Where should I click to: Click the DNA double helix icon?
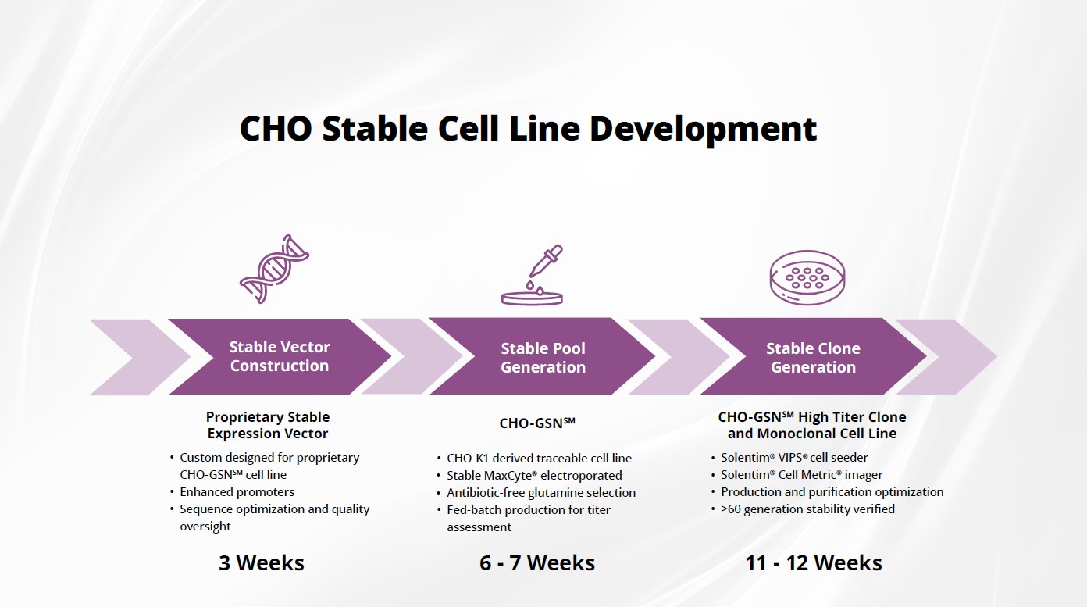[274, 269]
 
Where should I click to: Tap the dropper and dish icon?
[533, 275]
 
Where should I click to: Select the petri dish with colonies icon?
[807, 278]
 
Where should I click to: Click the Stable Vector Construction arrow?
[280, 356]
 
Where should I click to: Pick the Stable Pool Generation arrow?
[543, 356]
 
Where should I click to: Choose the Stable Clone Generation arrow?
[814, 356]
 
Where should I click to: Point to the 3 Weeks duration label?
[262, 562]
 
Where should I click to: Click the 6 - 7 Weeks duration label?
[537, 562]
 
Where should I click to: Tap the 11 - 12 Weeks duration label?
[814, 562]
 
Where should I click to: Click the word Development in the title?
[703, 129]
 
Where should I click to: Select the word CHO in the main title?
[276, 129]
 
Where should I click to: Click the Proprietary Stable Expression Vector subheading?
[268, 425]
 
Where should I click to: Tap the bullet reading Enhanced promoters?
[237, 492]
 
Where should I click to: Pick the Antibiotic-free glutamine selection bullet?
[541, 493]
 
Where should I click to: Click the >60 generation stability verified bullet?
[807, 509]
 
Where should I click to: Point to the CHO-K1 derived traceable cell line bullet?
[539, 459]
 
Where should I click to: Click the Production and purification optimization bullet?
[832, 492]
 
